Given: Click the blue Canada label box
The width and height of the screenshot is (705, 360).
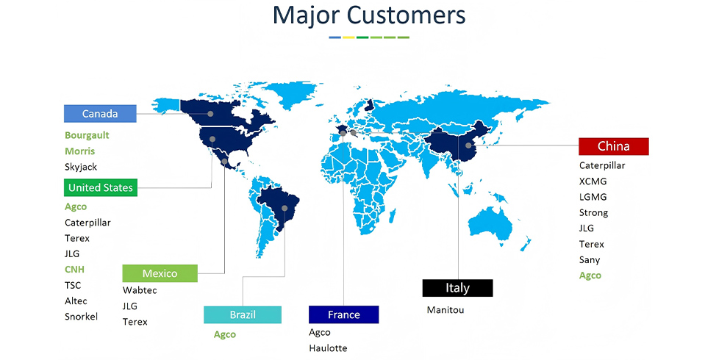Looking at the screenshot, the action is tap(100, 114).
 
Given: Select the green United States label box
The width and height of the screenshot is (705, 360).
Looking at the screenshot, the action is tap(100, 187).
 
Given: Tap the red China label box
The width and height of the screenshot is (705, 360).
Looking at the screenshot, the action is tap(613, 146).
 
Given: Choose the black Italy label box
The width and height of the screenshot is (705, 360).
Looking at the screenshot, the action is tap(457, 288).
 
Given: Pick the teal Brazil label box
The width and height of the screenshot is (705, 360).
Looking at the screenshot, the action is tap(243, 314).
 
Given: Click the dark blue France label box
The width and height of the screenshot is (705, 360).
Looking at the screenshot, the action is tap(343, 314).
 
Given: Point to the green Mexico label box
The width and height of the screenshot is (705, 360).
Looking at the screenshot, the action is tap(160, 273).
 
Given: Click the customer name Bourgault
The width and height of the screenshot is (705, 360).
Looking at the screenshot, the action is tap(87, 135).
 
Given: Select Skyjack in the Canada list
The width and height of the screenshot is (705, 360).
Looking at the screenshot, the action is tap(81, 167).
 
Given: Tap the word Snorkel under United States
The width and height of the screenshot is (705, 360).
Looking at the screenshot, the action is tap(81, 317).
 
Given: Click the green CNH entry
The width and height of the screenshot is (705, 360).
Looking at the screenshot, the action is tap(74, 269).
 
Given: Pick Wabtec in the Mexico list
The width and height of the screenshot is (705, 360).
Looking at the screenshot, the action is tap(140, 290).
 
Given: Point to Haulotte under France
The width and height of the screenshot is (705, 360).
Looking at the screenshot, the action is tap(328, 348).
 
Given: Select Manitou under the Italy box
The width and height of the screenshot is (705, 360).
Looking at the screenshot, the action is tap(445, 309).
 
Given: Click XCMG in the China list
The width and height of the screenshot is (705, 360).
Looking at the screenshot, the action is tap(593, 181).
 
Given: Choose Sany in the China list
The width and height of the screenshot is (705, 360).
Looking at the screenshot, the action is tap(590, 260).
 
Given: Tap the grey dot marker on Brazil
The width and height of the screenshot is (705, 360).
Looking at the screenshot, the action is tap(284, 208).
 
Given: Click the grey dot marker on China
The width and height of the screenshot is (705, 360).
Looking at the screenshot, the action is tap(468, 145).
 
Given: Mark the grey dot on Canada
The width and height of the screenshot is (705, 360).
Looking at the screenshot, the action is tap(210, 114).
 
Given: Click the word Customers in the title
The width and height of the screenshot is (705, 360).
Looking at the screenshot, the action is tap(406, 15).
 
